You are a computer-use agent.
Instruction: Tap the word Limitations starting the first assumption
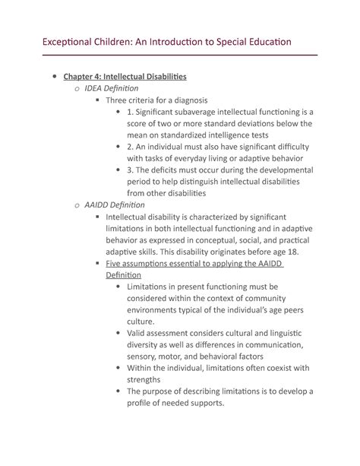click(x=154, y=287)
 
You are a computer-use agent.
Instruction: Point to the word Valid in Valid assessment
click(x=141, y=333)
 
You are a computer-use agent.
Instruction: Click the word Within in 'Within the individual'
click(x=144, y=368)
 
